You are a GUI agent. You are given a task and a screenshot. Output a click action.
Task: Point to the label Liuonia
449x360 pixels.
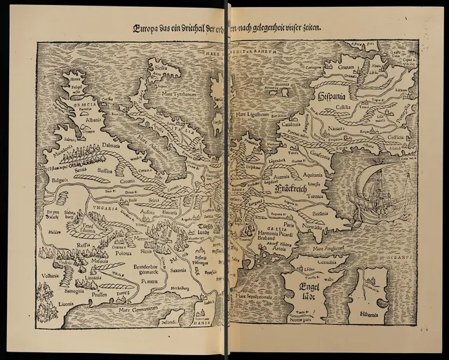tap(59, 303)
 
